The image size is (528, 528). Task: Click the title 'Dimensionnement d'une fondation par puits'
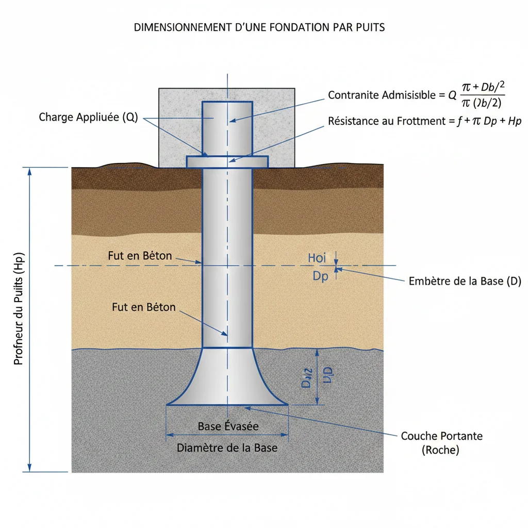(x=259, y=27)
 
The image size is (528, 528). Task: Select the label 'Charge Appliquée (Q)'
(x=88, y=117)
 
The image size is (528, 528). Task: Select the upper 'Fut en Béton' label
(x=140, y=256)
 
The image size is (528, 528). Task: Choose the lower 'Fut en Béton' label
(x=143, y=307)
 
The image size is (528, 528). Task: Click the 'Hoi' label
(x=317, y=258)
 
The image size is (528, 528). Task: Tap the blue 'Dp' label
(x=320, y=276)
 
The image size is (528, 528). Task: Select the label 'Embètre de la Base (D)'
(x=465, y=281)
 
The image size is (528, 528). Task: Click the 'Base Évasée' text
(x=228, y=426)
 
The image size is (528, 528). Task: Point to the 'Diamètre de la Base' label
(x=227, y=448)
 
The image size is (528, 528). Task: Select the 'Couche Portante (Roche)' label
(x=441, y=442)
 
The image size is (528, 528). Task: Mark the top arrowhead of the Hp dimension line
(x=29, y=171)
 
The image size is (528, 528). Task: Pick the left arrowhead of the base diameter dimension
(x=169, y=436)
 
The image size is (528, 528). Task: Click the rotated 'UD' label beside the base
(x=327, y=377)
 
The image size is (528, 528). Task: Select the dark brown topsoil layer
(x=129, y=178)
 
